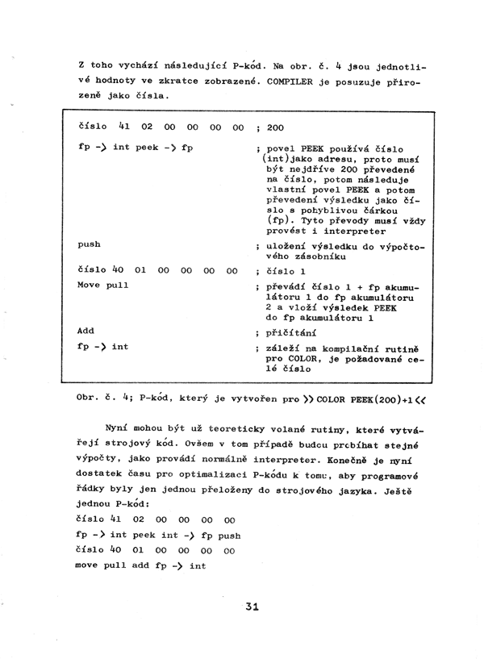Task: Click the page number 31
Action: pyautogui.click(x=252, y=609)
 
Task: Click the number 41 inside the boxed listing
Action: pyautogui.click(x=124, y=127)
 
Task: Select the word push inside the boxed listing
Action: pyautogui.click(x=90, y=244)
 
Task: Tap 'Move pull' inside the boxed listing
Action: pyautogui.click(x=103, y=286)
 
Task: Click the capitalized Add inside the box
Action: pyautogui.click(x=86, y=331)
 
